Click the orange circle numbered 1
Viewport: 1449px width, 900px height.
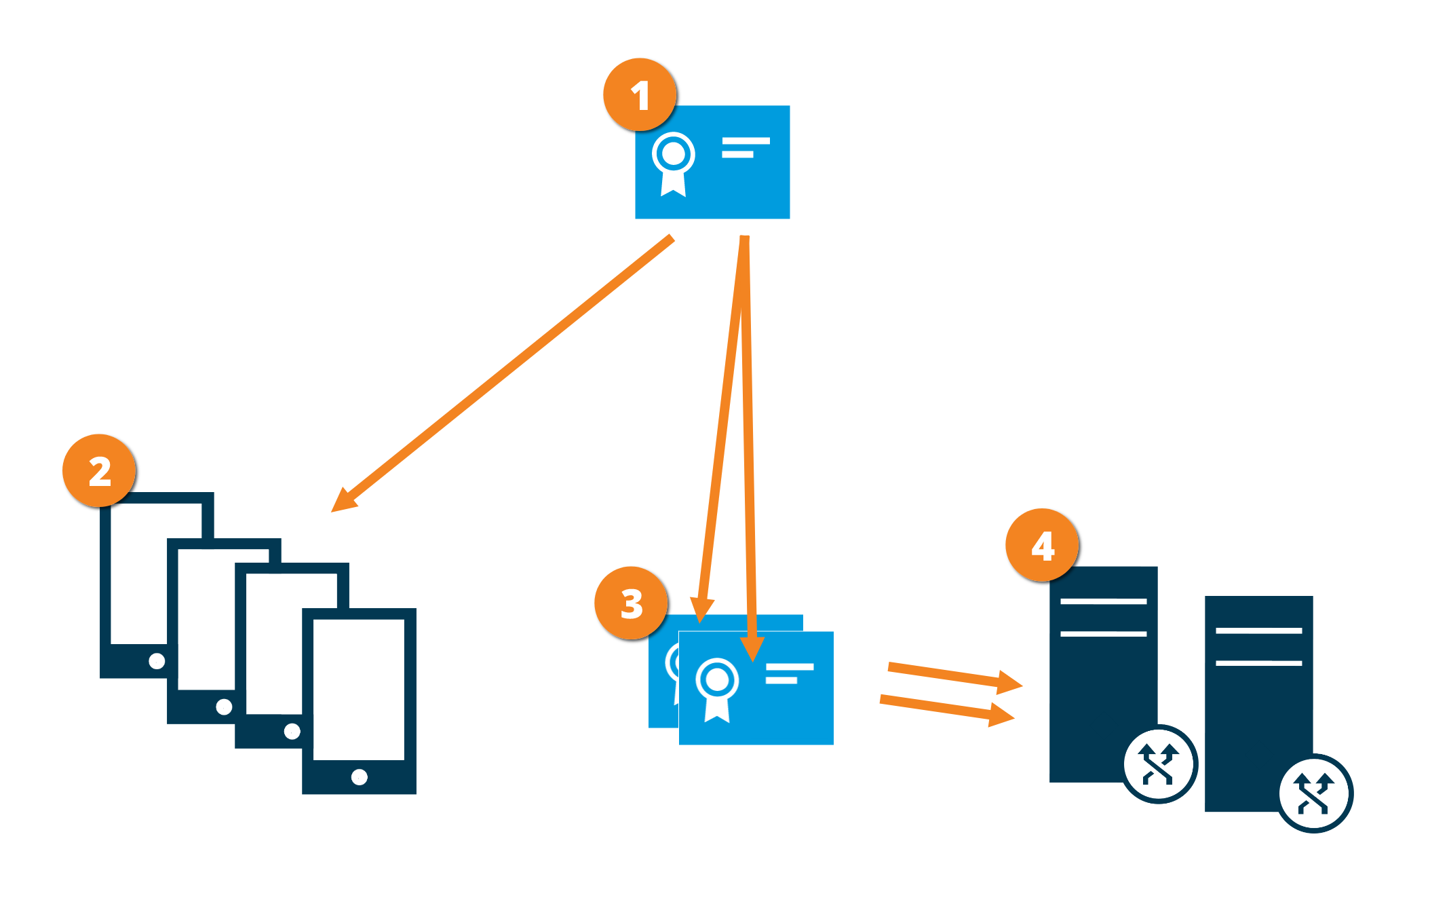pyautogui.click(x=640, y=95)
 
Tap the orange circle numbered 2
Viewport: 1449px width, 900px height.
pyautogui.click(x=100, y=471)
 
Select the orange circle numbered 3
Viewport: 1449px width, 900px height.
pyautogui.click(x=632, y=603)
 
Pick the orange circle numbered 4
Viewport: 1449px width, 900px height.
pyautogui.click(x=1043, y=545)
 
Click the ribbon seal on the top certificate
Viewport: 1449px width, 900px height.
pyautogui.click(x=673, y=163)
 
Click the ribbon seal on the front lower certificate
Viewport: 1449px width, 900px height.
pyautogui.click(x=717, y=688)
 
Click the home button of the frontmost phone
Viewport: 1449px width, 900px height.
pyautogui.click(x=360, y=776)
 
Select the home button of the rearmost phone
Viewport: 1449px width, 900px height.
pyautogui.click(x=157, y=660)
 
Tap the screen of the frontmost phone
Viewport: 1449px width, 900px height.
pyautogui.click(x=359, y=688)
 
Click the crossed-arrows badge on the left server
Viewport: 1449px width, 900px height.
pyautogui.click(x=1159, y=764)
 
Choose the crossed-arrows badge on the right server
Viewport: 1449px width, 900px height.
pyautogui.click(x=1315, y=793)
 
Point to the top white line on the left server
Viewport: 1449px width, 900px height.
pyautogui.click(x=1103, y=601)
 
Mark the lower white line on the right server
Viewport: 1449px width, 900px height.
pyautogui.click(x=1258, y=662)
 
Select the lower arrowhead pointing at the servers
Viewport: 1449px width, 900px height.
pyautogui.click(x=1001, y=715)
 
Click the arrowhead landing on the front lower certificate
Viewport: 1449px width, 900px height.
pyautogui.click(x=752, y=649)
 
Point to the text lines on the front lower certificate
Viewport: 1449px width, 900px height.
pyautogui.click(x=788, y=673)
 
